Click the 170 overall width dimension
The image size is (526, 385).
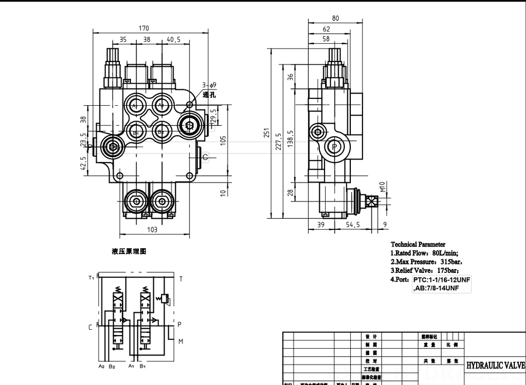(144, 28)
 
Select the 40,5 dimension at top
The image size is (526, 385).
(174, 39)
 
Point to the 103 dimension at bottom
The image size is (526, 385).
(151, 229)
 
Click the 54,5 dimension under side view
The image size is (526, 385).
(352, 225)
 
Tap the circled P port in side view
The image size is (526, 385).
(334, 146)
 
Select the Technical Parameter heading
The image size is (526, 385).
(418, 244)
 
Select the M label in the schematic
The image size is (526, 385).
(180, 341)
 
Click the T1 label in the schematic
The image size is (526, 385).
(91, 278)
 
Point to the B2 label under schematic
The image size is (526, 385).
(112, 366)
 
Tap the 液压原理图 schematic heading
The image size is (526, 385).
(128, 252)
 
